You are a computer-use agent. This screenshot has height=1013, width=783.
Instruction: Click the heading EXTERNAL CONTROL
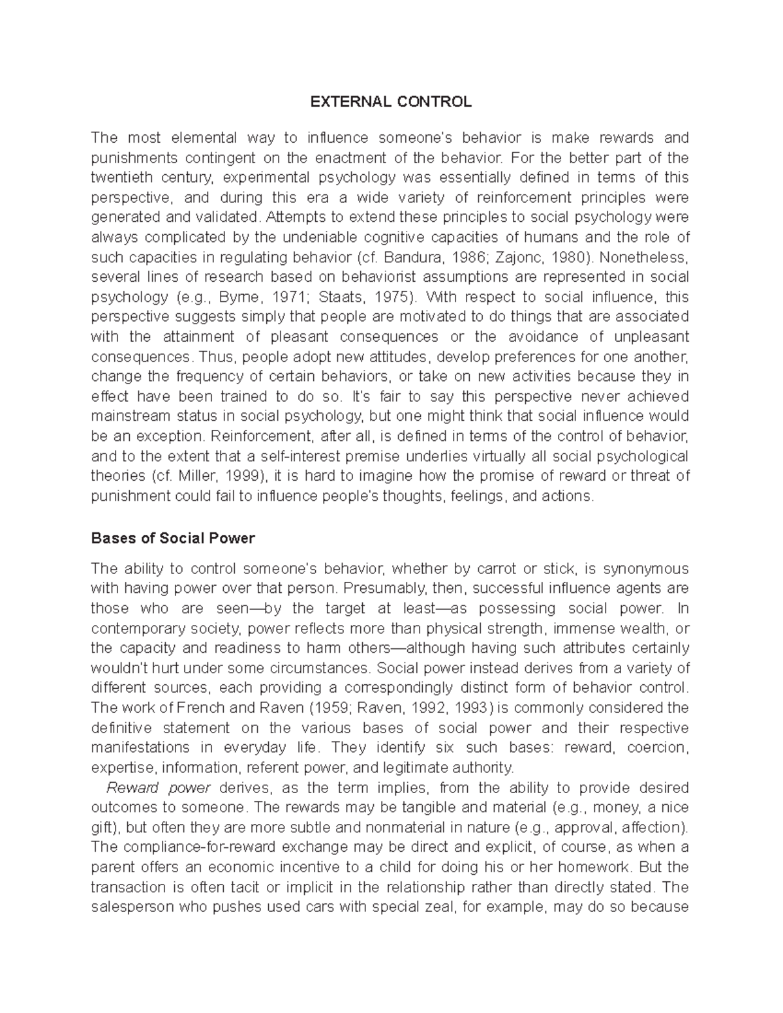click(x=390, y=102)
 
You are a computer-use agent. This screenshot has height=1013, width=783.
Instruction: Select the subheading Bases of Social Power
click(x=173, y=539)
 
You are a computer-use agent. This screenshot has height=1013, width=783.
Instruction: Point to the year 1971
click(x=291, y=297)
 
